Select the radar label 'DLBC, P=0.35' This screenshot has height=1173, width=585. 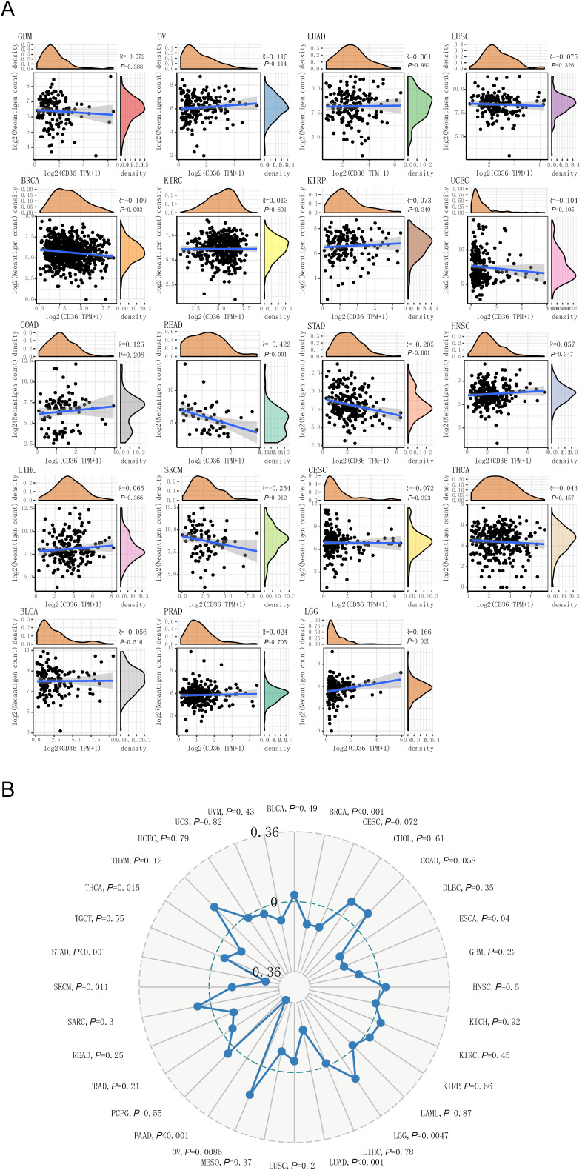coord(484,887)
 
